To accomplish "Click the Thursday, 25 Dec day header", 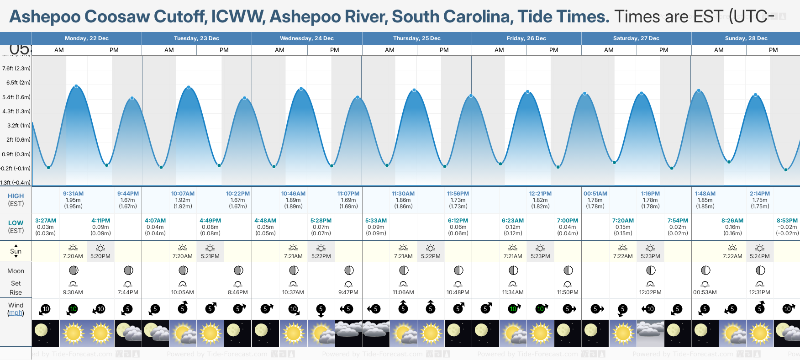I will point(416,38).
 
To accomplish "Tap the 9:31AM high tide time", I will point(73,194).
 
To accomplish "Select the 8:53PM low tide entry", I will point(787,221).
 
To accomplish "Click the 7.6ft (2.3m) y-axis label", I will point(16,69).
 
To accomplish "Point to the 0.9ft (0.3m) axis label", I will point(16,154).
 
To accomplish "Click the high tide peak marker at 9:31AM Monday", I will point(76,86).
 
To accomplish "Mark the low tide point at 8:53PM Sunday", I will point(786,170).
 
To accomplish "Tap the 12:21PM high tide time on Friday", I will point(540,194).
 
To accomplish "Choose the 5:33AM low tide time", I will point(376,221).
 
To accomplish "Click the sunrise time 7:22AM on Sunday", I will point(732,256).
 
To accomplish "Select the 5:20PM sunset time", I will point(100,256).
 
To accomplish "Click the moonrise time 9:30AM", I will point(73,292).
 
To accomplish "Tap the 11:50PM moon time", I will point(568,292).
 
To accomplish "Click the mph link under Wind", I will point(16,313).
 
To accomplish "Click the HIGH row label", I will point(16,196).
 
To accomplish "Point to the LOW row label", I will point(16,223).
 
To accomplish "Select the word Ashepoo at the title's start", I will point(45,17).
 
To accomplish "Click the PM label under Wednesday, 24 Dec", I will point(335,50).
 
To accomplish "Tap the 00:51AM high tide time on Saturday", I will point(595,194).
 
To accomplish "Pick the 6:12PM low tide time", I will point(458,221).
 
